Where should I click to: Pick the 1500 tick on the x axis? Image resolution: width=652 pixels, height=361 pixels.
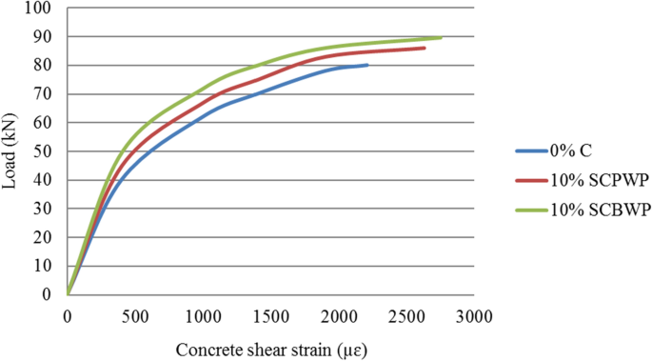pos(271,314)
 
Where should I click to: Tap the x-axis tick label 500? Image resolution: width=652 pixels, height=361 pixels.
pos(135,314)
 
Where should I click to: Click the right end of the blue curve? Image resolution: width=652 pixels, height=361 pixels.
pos(366,65)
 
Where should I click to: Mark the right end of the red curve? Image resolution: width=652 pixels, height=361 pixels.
pos(425,48)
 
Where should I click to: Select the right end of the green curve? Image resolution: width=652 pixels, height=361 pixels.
pos(441,37)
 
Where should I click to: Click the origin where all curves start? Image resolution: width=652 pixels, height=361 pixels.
pos(68,294)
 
